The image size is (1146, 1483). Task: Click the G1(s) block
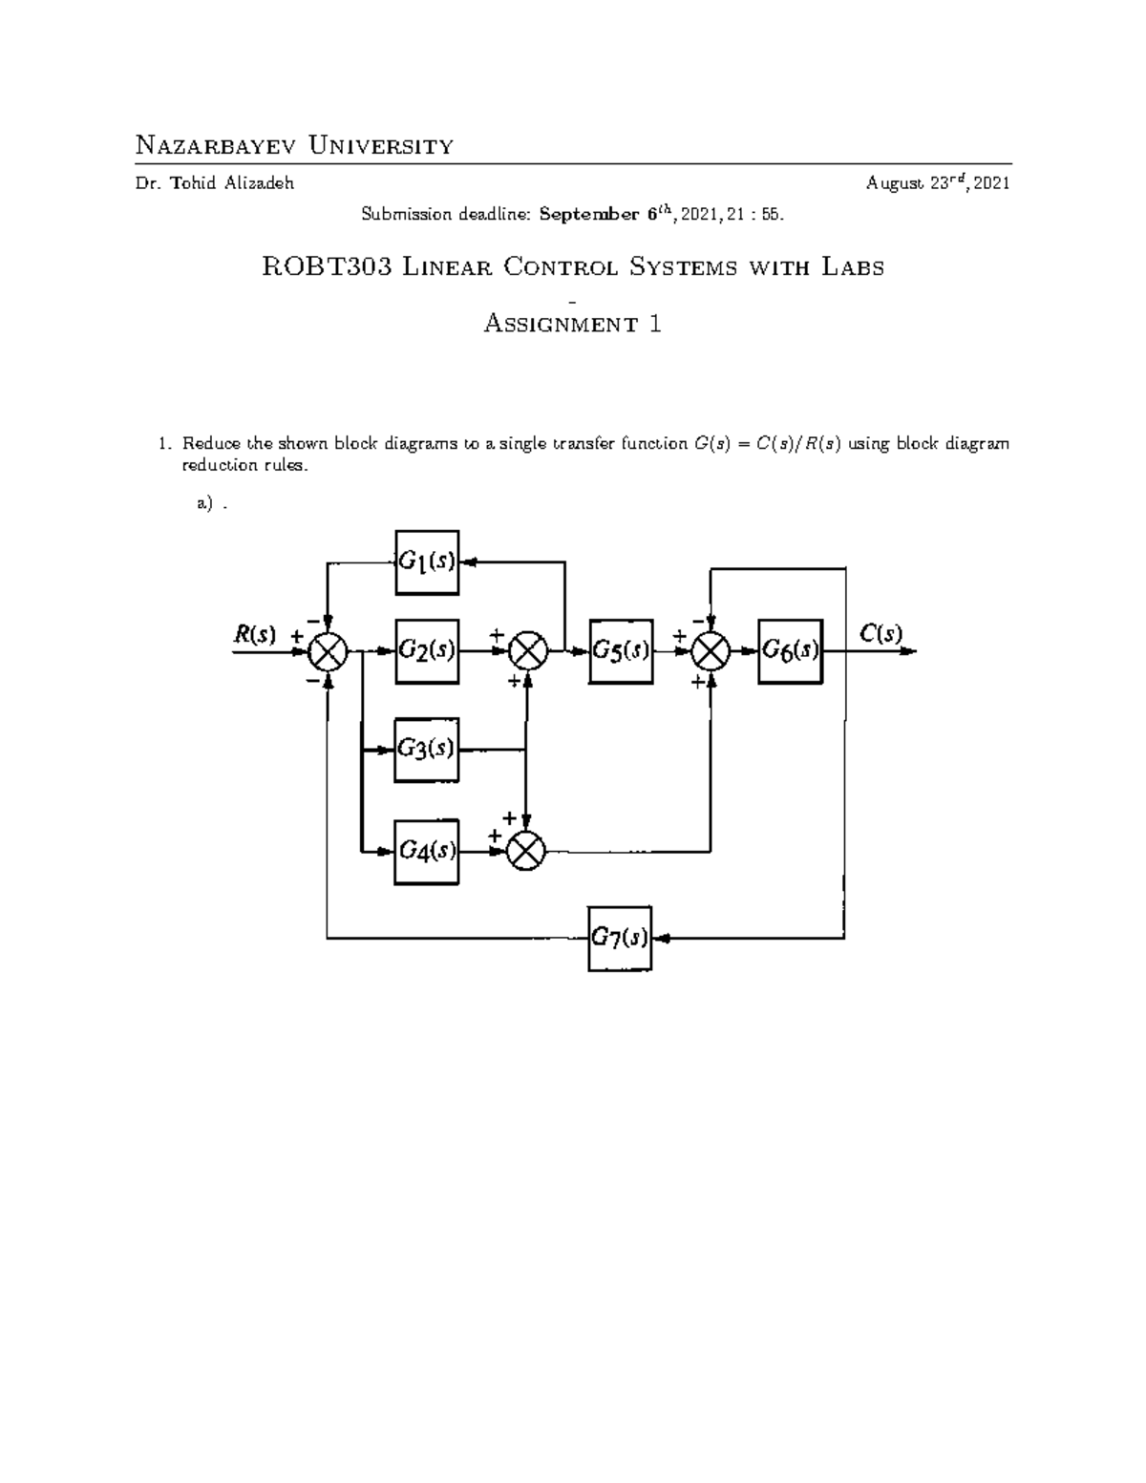(x=427, y=562)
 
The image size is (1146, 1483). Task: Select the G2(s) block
(x=427, y=651)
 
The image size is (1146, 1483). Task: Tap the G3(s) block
(x=427, y=750)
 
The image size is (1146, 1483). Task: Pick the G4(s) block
(x=426, y=850)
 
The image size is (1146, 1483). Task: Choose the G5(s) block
(x=622, y=651)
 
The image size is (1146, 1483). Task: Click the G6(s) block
(x=790, y=651)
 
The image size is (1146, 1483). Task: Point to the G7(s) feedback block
(x=621, y=938)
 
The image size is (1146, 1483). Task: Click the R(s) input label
(x=255, y=633)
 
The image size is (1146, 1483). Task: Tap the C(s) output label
(x=881, y=632)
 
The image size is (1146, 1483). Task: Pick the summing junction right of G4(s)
(x=524, y=849)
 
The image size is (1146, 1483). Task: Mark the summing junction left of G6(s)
(x=711, y=652)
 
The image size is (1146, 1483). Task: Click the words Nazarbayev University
(x=294, y=146)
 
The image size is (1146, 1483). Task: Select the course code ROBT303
(x=327, y=267)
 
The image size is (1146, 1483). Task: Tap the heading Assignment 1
(x=573, y=324)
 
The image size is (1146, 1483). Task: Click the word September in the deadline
(x=588, y=215)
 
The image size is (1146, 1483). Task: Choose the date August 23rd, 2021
(x=938, y=184)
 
